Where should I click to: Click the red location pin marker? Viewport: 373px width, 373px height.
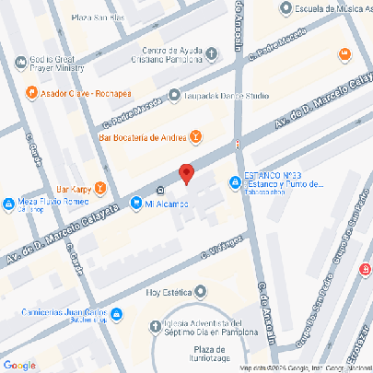pyautogui.click(x=186, y=173)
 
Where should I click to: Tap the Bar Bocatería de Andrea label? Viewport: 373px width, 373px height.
pyautogui.click(x=143, y=138)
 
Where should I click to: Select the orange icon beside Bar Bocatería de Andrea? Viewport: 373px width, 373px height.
pyautogui.click(x=195, y=137)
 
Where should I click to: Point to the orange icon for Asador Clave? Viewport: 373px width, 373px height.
pyautogui.click(x=31, y=92)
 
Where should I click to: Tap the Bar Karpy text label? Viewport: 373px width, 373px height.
pyautogui.click(x=75, y=188)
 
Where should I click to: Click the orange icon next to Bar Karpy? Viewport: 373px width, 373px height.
pyautogui.click(x=100, y=188)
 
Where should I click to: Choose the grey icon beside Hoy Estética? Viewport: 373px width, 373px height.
pyautogui.click(x=201, y=292)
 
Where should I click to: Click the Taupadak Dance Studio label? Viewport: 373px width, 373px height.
pyautogui.click(x=225, y=95)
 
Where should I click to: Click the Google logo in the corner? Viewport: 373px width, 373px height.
pyautogui.click(x=19, y=365)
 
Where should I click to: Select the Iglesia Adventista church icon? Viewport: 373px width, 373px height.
pyautogui.click(x=154, y=325)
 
